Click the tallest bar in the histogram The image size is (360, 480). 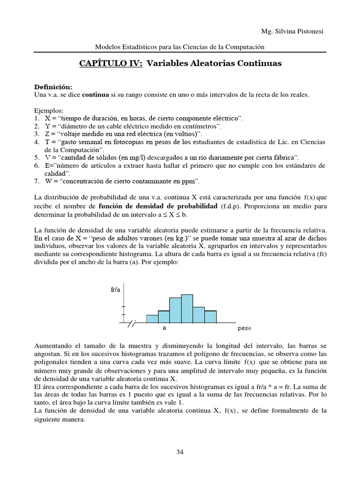point(187,308)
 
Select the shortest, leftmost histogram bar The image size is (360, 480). point(152,319)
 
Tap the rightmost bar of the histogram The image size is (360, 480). point(210,316)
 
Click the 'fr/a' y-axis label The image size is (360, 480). point(115,290)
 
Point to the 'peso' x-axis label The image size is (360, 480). point(245,329)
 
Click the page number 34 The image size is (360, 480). point(180,452)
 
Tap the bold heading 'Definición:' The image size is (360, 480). point(53,87)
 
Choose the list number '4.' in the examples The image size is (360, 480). point(37,142)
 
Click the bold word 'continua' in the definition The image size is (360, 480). point(96,95)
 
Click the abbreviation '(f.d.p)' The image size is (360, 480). point(232,206)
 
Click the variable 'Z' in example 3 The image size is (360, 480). point(47,134)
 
